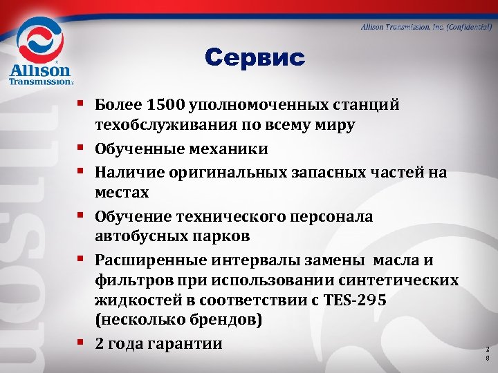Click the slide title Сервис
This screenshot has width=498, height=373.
pyautogui.click(x=255, y=59)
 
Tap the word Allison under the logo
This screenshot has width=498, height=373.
pyautogui.click(x=39, y=70)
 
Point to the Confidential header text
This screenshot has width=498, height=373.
pyautogui.click(x=426, y=27)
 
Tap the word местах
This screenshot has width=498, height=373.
pyautogui.click(x=122, y=191)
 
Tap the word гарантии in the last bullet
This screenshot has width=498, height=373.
pyautogui.click(x=185, y=343)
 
